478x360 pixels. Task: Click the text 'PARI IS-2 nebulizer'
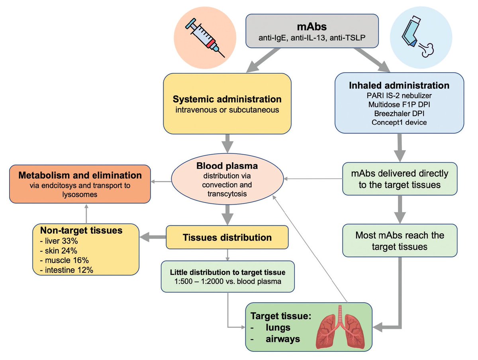399,96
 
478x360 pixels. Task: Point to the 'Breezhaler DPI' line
399,114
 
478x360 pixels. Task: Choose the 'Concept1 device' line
399,122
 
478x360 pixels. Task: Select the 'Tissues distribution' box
227,238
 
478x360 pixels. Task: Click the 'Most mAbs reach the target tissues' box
400,241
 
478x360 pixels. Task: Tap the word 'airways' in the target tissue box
283,339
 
